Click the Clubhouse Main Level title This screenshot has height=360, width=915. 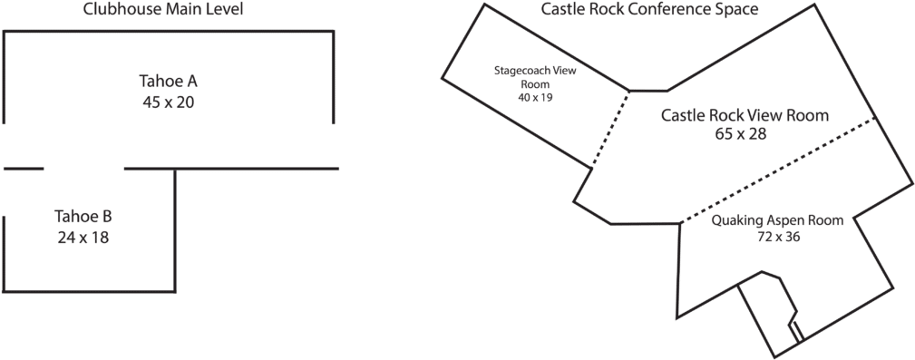click(163, 10)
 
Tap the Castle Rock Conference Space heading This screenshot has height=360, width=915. click(649, 10)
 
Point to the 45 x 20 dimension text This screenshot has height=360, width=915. click(168, 102)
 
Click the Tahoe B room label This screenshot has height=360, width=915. click(83, 218)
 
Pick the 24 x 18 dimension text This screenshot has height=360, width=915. click(83, 237)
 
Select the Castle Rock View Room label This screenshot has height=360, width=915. click(745, 116)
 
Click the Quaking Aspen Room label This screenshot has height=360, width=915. click(777, 221)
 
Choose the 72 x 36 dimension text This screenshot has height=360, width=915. click(778, 237)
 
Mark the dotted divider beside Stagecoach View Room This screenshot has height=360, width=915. click(610, 128)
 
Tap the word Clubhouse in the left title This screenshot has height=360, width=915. click(114, 10)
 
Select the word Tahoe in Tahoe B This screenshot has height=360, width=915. click(73, 218)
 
